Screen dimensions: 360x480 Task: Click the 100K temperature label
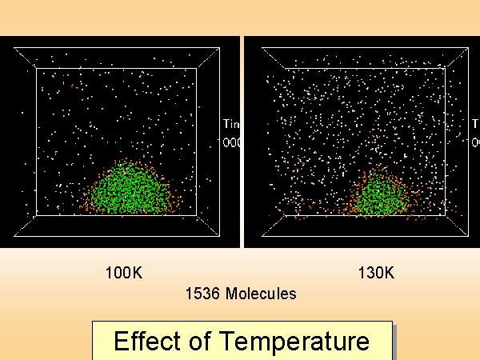tap(124, 273)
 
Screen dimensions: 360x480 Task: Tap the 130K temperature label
tap(376, 273)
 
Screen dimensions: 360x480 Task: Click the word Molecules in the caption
tap(260, 294)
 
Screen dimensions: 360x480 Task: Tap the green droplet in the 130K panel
tap(382, 194)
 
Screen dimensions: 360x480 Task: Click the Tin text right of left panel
tap(231, 124)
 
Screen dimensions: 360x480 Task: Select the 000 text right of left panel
tap(231, 142)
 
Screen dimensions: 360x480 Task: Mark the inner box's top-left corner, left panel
tap(36, 69)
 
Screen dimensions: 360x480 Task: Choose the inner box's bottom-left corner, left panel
tap(36, 215)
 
